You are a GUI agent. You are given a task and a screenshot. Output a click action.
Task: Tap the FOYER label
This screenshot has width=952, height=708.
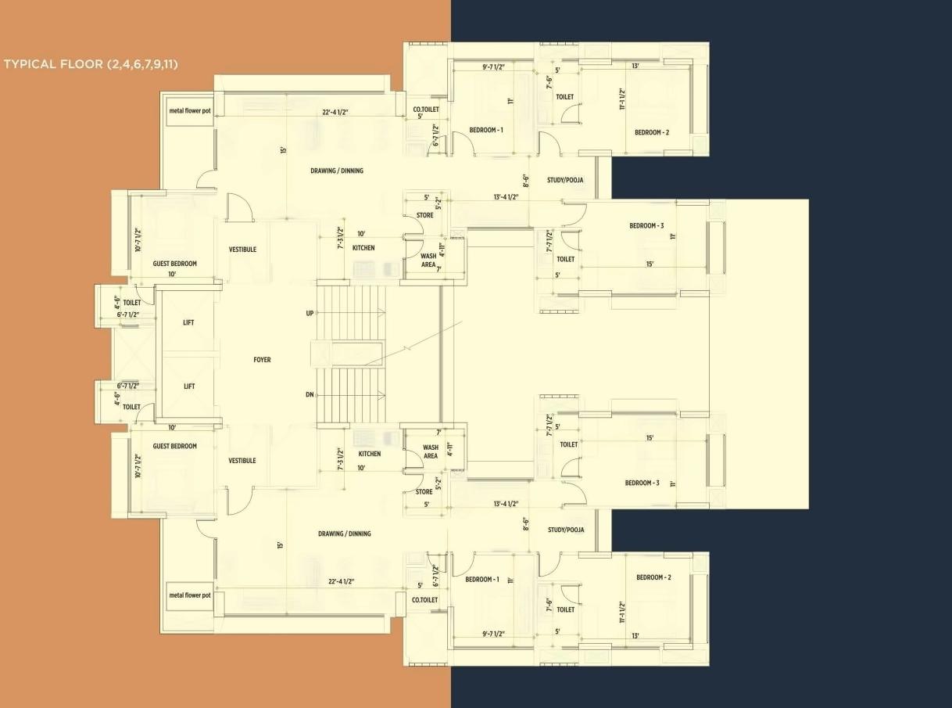[x=262, y=360]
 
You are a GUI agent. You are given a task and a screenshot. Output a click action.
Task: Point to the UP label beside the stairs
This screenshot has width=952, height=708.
[x=310, y=313]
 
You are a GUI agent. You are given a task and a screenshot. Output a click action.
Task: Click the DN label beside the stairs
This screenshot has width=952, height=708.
[x=310, y=395]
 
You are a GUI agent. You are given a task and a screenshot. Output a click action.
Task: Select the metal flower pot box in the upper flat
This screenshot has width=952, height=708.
[x=190, y=111]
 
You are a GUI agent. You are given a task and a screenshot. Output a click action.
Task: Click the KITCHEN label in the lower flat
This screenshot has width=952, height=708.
[x=370, y=454]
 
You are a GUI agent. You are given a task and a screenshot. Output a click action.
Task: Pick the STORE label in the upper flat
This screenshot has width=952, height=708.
[x=424, y=215]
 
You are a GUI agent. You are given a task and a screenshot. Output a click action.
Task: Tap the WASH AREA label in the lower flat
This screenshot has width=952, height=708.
[x=431, y=452]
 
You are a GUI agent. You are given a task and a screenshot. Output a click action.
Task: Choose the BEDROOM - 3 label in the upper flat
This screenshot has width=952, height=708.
[x=646, y=226]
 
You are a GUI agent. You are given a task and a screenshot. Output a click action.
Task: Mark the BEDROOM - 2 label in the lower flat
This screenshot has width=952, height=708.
[x=653, y=577]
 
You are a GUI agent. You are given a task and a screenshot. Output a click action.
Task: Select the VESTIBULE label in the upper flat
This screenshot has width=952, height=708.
[x=242, y=250]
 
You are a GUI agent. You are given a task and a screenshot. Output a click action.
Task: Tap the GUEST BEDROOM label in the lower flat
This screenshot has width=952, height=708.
[x=174, y=446]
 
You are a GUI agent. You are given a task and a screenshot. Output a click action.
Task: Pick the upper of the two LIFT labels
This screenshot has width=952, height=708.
[x=188, y=322]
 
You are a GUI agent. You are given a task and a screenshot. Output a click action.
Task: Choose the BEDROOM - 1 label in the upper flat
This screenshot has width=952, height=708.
[x=486, y=130]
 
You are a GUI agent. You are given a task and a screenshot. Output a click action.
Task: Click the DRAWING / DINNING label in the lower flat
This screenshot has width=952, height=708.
[x=345, y=534]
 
